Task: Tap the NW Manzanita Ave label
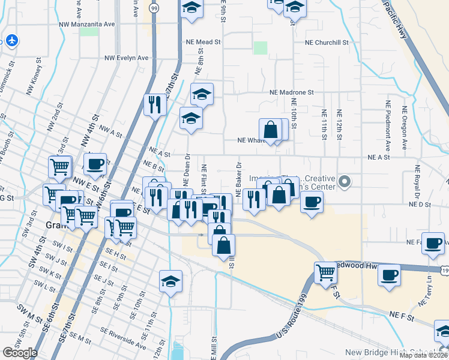[x=86, y=25]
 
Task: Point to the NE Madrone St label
[x=292, y=92]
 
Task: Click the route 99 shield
[x=154, y=8]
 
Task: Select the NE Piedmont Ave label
[x=388, y=130]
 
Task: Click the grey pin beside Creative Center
[x=345, y=181]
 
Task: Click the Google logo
[x=20, y=353]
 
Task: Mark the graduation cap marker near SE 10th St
[x=170, y=281]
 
